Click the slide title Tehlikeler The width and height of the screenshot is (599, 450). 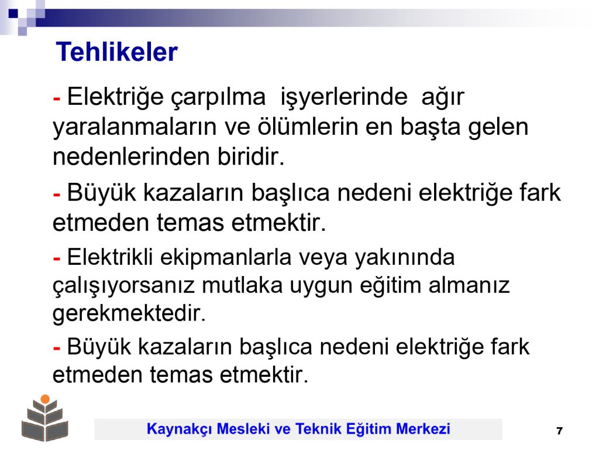(x=117, y=52)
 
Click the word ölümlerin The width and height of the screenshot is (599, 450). (x=308, y=127)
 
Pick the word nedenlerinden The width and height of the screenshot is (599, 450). (x=132, y=156)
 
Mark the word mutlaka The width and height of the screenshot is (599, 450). (x=242, y=285)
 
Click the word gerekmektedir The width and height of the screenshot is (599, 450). (x=129, y=315)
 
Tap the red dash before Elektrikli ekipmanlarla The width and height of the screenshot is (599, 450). (x=57, y=259)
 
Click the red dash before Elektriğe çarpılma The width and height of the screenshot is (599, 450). (x=57, y=98)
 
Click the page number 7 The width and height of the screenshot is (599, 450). (x=560, y=431)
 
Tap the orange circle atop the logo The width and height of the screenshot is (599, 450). (x=45, y=399)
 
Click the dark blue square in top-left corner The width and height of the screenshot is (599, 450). (x=13, y=14)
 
